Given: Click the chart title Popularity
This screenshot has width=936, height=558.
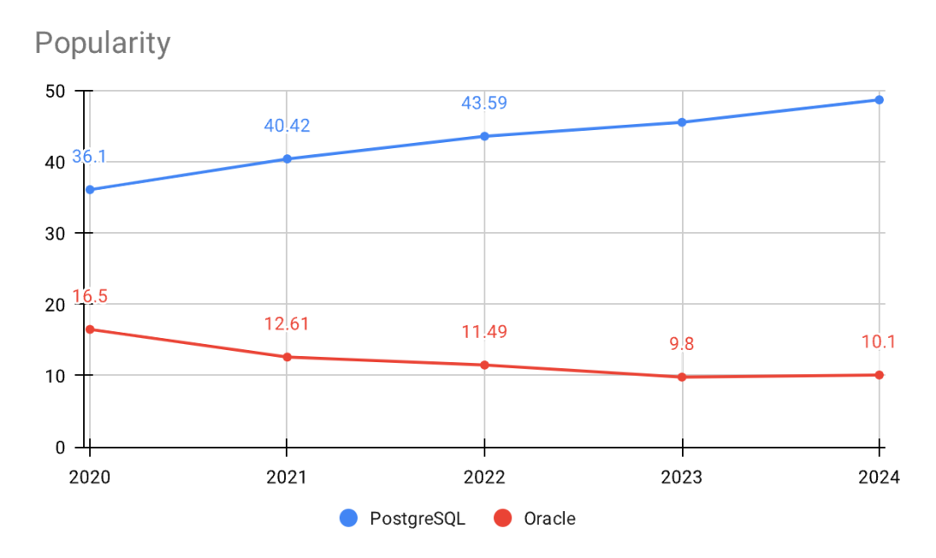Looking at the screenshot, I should pos(102,43).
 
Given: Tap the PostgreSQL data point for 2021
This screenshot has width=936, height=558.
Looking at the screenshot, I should pos(287,159).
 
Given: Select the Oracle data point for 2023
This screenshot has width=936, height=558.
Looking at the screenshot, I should pos(682,377).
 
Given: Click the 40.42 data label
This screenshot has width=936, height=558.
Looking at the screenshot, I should pos(287,126).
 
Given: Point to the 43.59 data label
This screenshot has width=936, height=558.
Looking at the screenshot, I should pos(484,103).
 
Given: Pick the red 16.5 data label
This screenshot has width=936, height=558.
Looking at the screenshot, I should pos(89,296).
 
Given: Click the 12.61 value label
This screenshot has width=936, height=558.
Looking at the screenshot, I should pos(287,324).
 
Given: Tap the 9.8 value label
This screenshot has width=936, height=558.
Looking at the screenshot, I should pos(682,344).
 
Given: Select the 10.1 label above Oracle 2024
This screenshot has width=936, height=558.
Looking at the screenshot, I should pos(879,342).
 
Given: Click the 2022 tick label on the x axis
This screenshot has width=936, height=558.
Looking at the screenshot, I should pos(484,477).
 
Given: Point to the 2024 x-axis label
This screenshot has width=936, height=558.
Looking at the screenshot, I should pos(879,477).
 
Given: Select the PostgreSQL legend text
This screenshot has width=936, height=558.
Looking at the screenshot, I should pos(418,519).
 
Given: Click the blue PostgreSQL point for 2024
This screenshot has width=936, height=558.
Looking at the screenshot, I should pos(879,100).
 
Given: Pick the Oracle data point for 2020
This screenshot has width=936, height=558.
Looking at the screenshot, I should pos(90,329).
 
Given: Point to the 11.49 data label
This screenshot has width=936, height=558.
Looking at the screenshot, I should pos(484,332).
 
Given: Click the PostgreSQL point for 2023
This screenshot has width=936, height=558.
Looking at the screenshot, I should pos(682,122).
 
